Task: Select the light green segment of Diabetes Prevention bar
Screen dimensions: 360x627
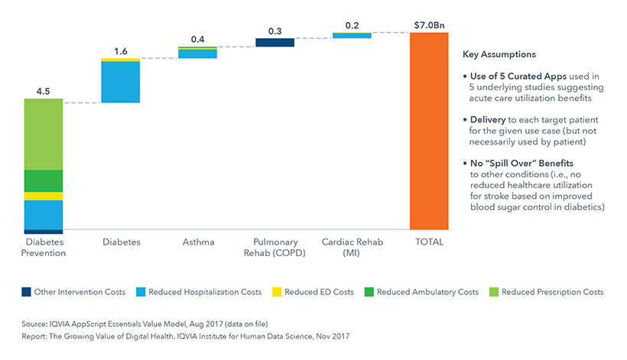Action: click(44, 135)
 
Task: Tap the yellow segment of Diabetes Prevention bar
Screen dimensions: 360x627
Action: click(44, 196)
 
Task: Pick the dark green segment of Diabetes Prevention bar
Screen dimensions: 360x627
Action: click(44, 181)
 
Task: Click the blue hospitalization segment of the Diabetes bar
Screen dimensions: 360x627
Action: click(121, 82)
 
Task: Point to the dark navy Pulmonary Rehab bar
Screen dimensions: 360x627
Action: click(275, 43)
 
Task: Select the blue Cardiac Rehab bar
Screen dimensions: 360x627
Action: click(352, 35)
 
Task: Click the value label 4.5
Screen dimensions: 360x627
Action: click(44, 91)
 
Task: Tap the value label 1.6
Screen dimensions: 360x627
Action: click(121, 50)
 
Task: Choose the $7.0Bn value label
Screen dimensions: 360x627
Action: click(428, 24)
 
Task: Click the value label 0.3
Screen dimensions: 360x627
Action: click(275, 31)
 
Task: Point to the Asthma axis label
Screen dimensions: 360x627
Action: click(197, 242)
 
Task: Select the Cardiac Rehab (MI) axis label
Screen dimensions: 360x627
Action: click(352, 248)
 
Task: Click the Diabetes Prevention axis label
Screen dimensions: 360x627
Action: click(44, 248)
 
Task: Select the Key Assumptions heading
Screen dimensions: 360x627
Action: click(499, 55)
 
